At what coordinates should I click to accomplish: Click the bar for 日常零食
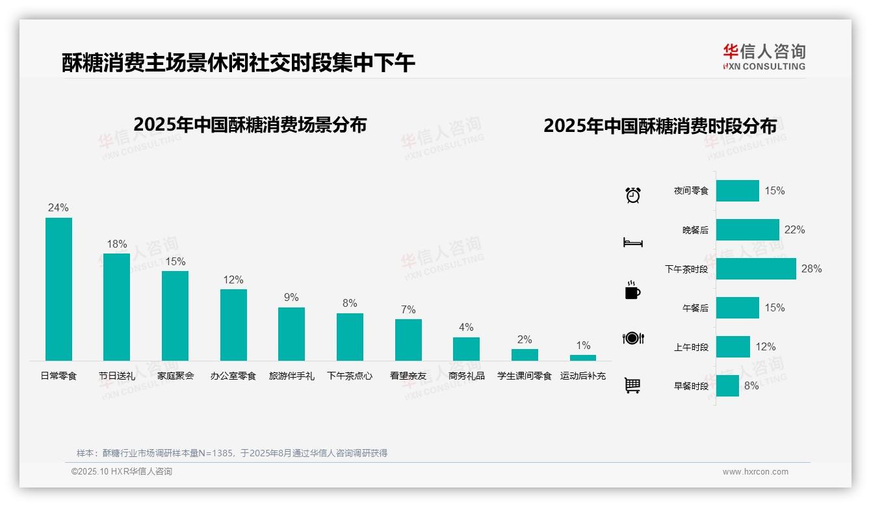pos(58,289)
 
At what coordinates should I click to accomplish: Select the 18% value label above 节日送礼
pos(117,244)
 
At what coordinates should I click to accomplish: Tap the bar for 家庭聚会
pos(175,316)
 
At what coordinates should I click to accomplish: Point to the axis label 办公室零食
pos(233,376)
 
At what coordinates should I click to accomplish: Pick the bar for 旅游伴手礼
pos(291,334)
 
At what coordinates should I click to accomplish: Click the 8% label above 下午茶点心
pos(350,304)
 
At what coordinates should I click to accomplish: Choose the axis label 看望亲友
pos(408,376)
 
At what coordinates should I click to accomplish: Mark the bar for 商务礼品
pos(466,349)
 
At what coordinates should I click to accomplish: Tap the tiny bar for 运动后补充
pos(583,357)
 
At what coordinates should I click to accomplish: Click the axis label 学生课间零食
pos(525,376)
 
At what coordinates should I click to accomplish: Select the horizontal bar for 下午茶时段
pos(756,269)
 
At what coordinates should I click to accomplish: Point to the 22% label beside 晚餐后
pos(794,230)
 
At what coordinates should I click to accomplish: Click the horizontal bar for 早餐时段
pos(727,386)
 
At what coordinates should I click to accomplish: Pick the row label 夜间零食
pos(691,191)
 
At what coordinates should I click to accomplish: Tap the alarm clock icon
pos(633,195)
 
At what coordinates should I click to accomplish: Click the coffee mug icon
pos(632,291)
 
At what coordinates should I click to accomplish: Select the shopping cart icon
pos(632,385)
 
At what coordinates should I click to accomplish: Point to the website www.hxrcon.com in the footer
pos(755,472)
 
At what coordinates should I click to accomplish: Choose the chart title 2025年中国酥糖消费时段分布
pos(660,126)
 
